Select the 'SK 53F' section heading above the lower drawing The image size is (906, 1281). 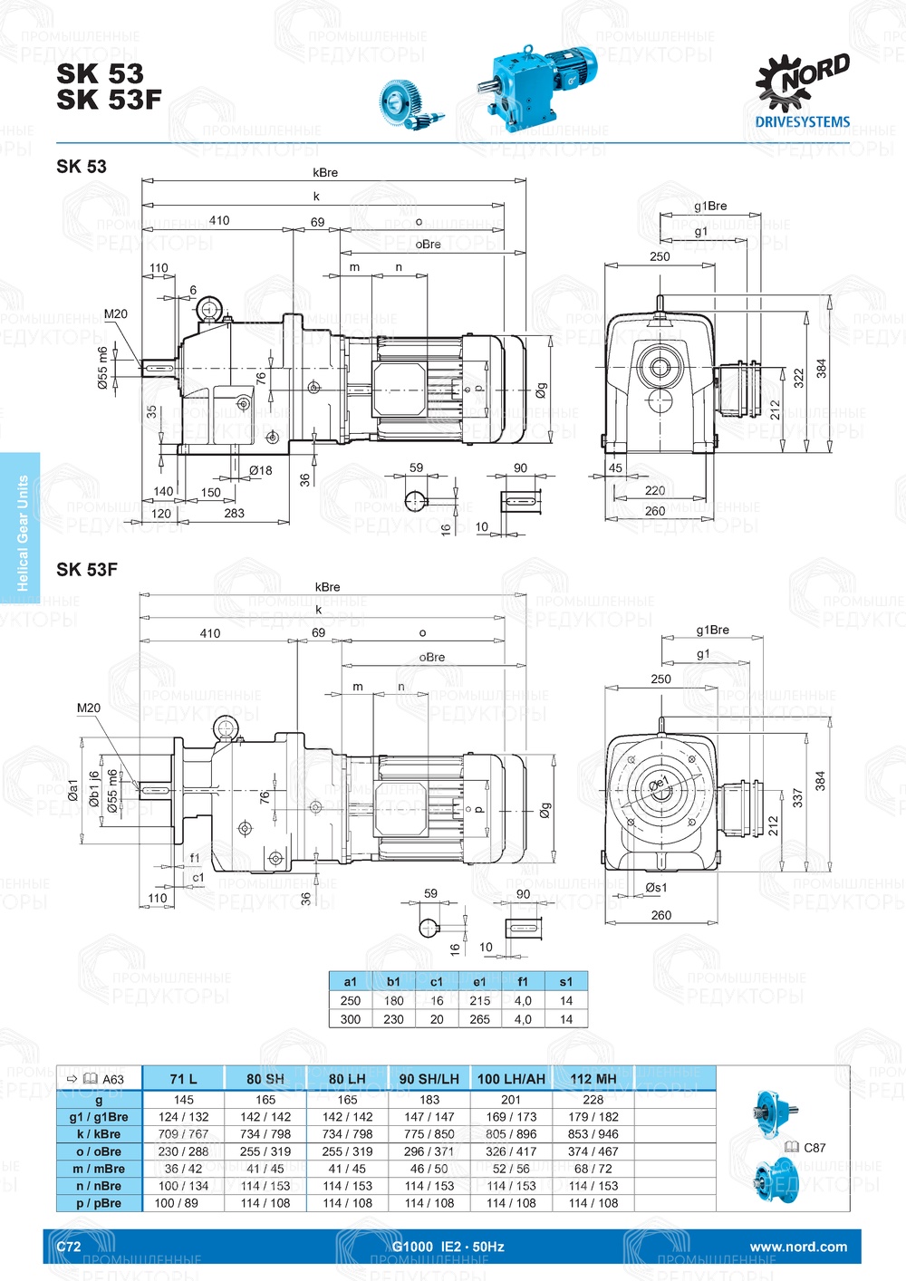click(x=87, y=570)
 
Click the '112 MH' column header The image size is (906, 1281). click(x=593, y=1079)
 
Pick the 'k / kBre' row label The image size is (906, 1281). click(x=99, y=1134)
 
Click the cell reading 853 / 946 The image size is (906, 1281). click(x=593, y=1134)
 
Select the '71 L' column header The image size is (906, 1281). click(x=183, y=1079)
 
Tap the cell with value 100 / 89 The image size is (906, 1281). click(x=177, y=1204)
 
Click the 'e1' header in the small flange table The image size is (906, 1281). click(x=479, y=981)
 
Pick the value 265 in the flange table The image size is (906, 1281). click(x=479, y=1019)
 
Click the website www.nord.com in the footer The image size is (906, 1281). click(x=798, y=1247)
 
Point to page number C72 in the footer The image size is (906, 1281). click(x=69, y=1247)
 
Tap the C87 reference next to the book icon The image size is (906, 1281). click(x=814, y=1148)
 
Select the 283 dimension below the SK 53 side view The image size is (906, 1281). click(x=234, y=514)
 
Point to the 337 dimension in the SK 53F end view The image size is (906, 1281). click(x=798, y=798)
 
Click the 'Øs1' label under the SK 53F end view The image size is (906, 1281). click(x=656, y=888)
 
